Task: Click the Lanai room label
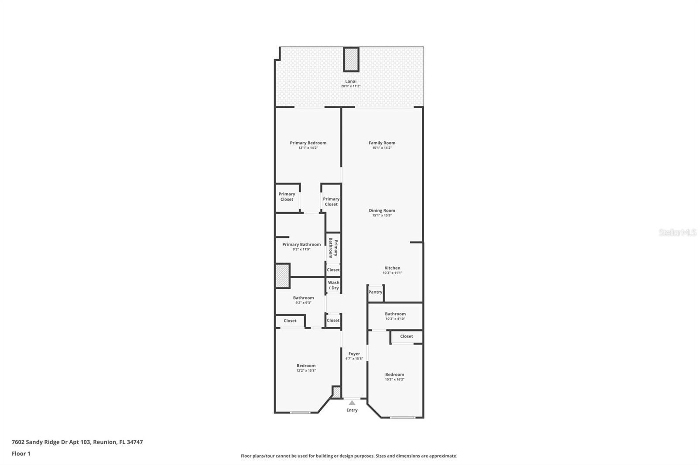tap(351, 81)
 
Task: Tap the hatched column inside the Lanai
tap(351, 59)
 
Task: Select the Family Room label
tap(382, 143)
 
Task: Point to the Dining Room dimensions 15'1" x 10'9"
tap(382, 215)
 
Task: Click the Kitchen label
tap(392, 268)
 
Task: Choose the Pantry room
tap(375, 292)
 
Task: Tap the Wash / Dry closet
tap(334, 285)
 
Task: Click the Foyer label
tap(354, 354)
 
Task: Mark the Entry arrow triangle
tap(352, 403)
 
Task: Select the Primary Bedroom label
tap(308, 143)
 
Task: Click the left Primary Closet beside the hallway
tap(287, 197)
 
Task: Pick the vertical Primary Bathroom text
tap(333, 248)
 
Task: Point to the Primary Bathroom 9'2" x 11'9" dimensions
tap(301, 250)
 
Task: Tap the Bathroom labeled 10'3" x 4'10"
tap(395, 316)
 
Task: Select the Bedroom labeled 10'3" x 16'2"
tap(394, 376)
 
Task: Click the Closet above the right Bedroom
tap(407, 336)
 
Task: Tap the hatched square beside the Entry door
tap(336, 392)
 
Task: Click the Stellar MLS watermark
tap(677, 232)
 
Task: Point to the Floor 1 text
tap(21, 454)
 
